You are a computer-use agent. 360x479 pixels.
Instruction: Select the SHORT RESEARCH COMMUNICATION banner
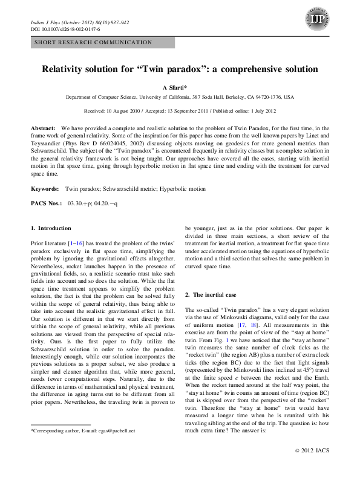click(x=93, y=42)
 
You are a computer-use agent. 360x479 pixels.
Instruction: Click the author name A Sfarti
click(x=180, y=88)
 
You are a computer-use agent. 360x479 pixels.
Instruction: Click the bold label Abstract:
click(x=43, y=130)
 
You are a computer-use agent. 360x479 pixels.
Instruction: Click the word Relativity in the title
click(x=68, y=69)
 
